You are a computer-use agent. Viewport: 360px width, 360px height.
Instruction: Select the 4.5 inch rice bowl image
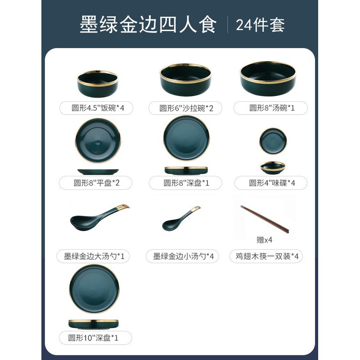(x=97, y=84)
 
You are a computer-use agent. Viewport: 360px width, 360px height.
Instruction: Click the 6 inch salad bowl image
(x=185, y=79)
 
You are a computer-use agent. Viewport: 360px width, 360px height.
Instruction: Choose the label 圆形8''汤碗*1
(x=270, y=108)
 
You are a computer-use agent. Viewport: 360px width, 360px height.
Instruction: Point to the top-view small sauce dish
(x=273, y=141)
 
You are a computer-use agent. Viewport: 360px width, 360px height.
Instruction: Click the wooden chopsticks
(x=264, y=219)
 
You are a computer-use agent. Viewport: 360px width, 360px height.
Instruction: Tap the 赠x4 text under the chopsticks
(x=265, y=240)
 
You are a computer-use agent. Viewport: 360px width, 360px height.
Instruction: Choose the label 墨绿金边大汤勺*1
(x=93, y=256)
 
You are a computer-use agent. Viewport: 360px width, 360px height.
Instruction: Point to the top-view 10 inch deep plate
(x=94, y=289)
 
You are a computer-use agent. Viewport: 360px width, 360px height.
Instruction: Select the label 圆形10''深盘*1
(x=93, y=337)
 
